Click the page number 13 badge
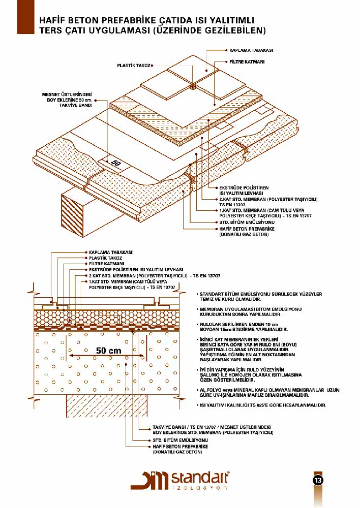318,480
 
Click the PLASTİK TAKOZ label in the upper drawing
134,66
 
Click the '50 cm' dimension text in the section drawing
108,351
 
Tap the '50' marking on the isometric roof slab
116,164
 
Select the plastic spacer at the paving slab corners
193,88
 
